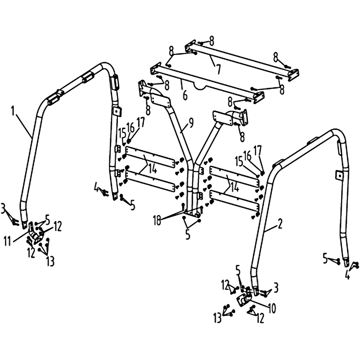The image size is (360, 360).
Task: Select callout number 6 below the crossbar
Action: point(185,95)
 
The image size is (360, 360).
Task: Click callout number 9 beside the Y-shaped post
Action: point(191,122)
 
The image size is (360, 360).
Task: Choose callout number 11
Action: point(8,242)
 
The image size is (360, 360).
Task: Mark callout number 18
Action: point(157,221)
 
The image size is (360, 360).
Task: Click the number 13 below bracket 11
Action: point(50,261)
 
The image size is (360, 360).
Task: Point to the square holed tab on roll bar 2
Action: point(339,175)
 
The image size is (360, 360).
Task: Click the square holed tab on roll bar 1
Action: point(117,112)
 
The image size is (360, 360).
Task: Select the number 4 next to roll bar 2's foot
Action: point(347,274)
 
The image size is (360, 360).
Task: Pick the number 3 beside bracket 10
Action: point(276,287)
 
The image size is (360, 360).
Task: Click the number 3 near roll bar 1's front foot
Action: point(3,208)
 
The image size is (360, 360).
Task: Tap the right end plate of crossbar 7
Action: point(293,74)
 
